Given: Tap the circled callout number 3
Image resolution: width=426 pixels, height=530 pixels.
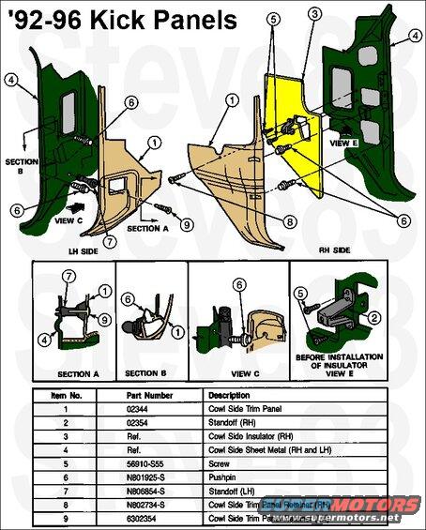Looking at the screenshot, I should point(314,12).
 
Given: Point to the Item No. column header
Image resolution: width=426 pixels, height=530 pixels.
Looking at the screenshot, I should point(64,395).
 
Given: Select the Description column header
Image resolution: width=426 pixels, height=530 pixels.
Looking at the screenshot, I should point(234,395).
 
